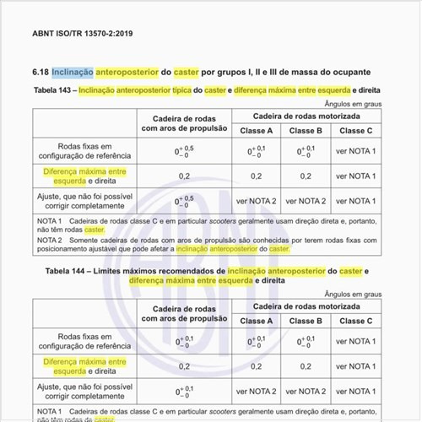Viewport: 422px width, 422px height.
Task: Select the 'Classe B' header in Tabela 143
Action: (x=306, y=131)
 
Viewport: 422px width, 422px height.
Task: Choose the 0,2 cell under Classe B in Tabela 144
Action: (x=306, y=366)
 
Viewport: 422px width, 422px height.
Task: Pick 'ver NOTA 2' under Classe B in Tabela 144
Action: (x=306, y=392)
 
